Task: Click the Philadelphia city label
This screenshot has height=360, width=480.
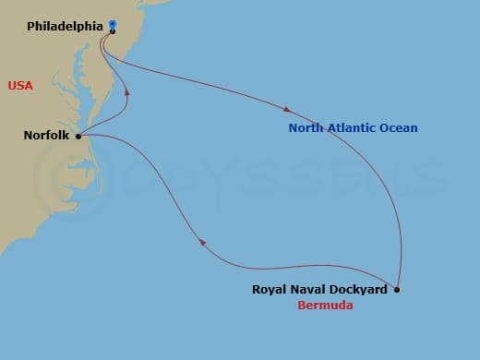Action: pos(64,27)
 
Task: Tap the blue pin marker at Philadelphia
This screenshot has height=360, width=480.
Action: pos(112,25)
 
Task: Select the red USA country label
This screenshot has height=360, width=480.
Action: pos(21,86)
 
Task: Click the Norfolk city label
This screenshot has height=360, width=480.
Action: pos(47,136)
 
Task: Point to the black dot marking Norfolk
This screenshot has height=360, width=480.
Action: pos(78,136)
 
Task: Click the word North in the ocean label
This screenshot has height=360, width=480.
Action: pos(305,128)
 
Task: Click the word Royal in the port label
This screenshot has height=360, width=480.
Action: pos(268,289)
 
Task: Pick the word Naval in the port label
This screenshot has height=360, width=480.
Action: pos(306,289)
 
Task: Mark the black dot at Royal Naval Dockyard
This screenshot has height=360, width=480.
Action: pos(397,290)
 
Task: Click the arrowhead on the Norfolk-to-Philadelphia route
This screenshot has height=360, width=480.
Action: pos(126,91)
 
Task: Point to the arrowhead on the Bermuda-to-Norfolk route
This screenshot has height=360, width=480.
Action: pos(201,243)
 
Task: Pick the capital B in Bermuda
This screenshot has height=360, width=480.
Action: pos(301,306)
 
